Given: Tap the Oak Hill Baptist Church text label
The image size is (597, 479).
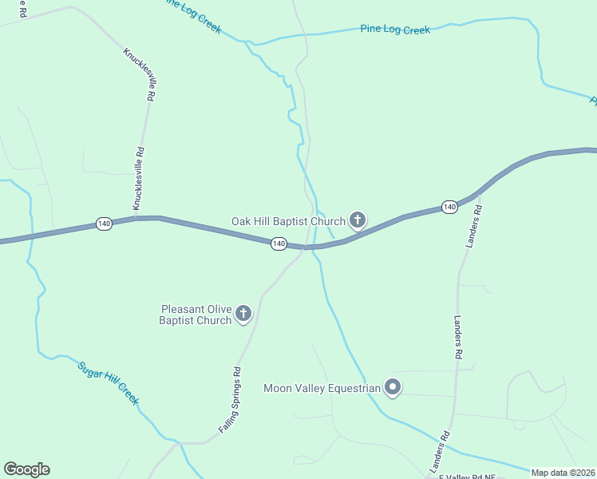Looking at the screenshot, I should coord(288,221).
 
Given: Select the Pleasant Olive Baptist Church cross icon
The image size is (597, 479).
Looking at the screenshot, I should coord(244,314).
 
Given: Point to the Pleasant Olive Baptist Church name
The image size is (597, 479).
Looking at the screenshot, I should coord(196,315).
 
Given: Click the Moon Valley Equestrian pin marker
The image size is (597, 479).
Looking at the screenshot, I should coord(393,388).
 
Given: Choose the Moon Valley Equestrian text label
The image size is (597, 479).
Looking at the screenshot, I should coord(322,389).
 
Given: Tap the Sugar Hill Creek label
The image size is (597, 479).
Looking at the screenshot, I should coord(109,382).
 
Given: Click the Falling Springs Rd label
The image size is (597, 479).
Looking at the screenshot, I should coord(230,401).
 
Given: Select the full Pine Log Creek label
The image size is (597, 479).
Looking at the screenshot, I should coord(395,30).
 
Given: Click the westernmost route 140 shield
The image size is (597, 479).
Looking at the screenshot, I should coord(104,224).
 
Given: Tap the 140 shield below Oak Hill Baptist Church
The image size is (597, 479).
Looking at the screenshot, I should coord(278,243).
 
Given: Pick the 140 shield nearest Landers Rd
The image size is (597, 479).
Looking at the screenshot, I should coord(449,207).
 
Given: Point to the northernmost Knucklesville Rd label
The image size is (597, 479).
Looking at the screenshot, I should coord(138,73).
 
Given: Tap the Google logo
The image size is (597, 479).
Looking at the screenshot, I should coord(26,469).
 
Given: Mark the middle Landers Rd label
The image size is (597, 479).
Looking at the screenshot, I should coord(458,335).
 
